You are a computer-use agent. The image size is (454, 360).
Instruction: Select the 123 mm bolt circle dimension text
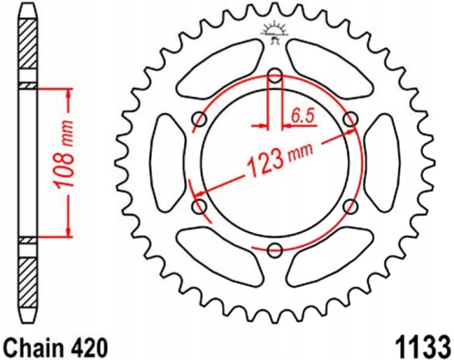pos(279,158)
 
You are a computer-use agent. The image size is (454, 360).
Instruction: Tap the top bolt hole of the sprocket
pos(275,76)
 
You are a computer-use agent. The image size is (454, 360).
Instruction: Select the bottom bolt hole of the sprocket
pos(275,250)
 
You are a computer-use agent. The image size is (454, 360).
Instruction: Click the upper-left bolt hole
pos(199,119)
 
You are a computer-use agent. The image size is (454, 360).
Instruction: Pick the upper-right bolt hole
pos(351,119)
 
